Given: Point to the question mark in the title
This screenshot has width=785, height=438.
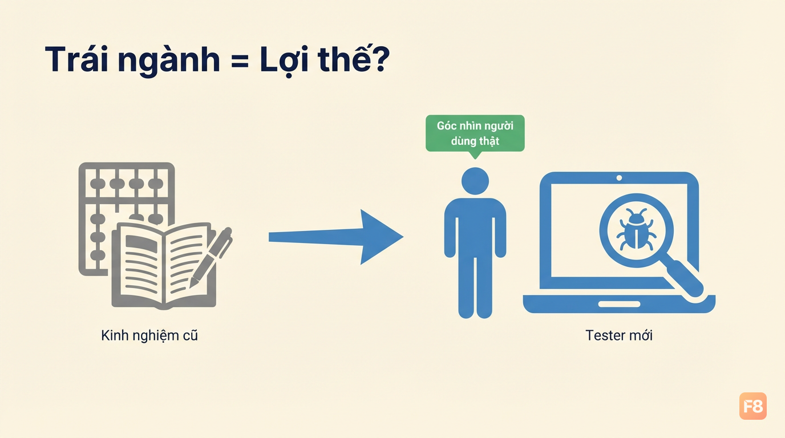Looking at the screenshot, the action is click(379, 59).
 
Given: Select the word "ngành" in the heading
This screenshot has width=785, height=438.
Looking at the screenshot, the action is click(169, 62).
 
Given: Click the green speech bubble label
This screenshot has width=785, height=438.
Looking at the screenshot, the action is click(475, 135).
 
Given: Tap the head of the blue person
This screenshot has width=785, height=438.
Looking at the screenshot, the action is click(475, 181).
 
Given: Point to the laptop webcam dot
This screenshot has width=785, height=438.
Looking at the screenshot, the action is click(619, 178).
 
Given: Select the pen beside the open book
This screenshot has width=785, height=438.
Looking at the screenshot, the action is click(211, 257).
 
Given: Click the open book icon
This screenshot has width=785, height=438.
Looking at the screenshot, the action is click(164, 266).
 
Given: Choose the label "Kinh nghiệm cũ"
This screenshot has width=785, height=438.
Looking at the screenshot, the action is click(149, 336).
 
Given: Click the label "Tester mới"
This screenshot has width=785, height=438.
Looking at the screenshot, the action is click(619, 335).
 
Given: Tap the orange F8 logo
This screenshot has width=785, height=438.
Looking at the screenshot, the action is click(752, 406).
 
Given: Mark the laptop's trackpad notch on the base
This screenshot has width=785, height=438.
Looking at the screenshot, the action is click(619, 304).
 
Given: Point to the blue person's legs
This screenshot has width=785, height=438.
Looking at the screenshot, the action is click(475, 285).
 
